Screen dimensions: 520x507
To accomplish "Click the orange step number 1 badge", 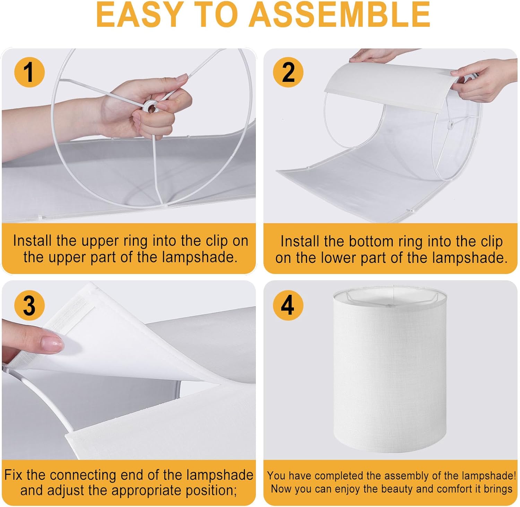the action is coord(29,72).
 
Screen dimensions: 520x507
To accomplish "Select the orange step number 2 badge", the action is coord(288,72).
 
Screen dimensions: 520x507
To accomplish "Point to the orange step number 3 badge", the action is coord(29,305).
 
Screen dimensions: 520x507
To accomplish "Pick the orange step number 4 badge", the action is coord(288,305).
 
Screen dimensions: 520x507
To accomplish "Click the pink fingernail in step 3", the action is coord(52,344).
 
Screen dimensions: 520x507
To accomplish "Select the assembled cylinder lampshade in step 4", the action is coord(390,368).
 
